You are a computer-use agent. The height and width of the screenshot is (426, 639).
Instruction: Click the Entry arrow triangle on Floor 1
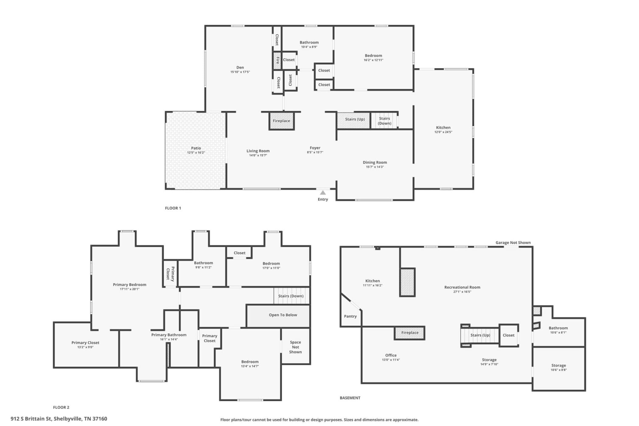(323, 193)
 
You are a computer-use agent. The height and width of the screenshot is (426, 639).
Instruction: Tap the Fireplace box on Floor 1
(281, 121)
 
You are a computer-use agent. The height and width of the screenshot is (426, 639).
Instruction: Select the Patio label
(196, 148)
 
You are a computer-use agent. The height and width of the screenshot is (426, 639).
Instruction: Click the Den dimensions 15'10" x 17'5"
(240, 72)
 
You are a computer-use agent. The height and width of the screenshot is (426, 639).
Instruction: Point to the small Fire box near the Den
(277, 61)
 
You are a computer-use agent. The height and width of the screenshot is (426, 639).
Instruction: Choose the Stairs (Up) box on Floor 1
(354, 120)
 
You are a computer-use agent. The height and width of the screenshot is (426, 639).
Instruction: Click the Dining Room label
(375, 162)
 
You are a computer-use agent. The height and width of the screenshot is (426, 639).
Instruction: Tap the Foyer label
(315, 148)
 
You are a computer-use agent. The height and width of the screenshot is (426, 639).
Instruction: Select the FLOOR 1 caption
(173, 208)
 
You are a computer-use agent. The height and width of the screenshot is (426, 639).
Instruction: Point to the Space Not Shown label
(295, 347)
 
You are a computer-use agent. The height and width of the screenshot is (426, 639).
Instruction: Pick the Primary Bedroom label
(130, 285)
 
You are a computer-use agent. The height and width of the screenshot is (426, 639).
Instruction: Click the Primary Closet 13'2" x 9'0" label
(86, 345)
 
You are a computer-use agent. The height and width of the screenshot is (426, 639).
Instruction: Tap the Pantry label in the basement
(350, 316)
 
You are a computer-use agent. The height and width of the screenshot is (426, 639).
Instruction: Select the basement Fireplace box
(410, 333)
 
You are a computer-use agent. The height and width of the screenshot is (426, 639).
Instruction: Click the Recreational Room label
(462, 287)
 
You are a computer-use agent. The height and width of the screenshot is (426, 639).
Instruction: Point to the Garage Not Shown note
(513, 243)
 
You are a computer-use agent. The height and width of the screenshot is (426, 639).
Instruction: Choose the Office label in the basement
(391, 355)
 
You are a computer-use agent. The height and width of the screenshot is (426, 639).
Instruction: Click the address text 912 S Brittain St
(31, 419)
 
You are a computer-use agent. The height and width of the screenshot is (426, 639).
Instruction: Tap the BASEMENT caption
(350, 398)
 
